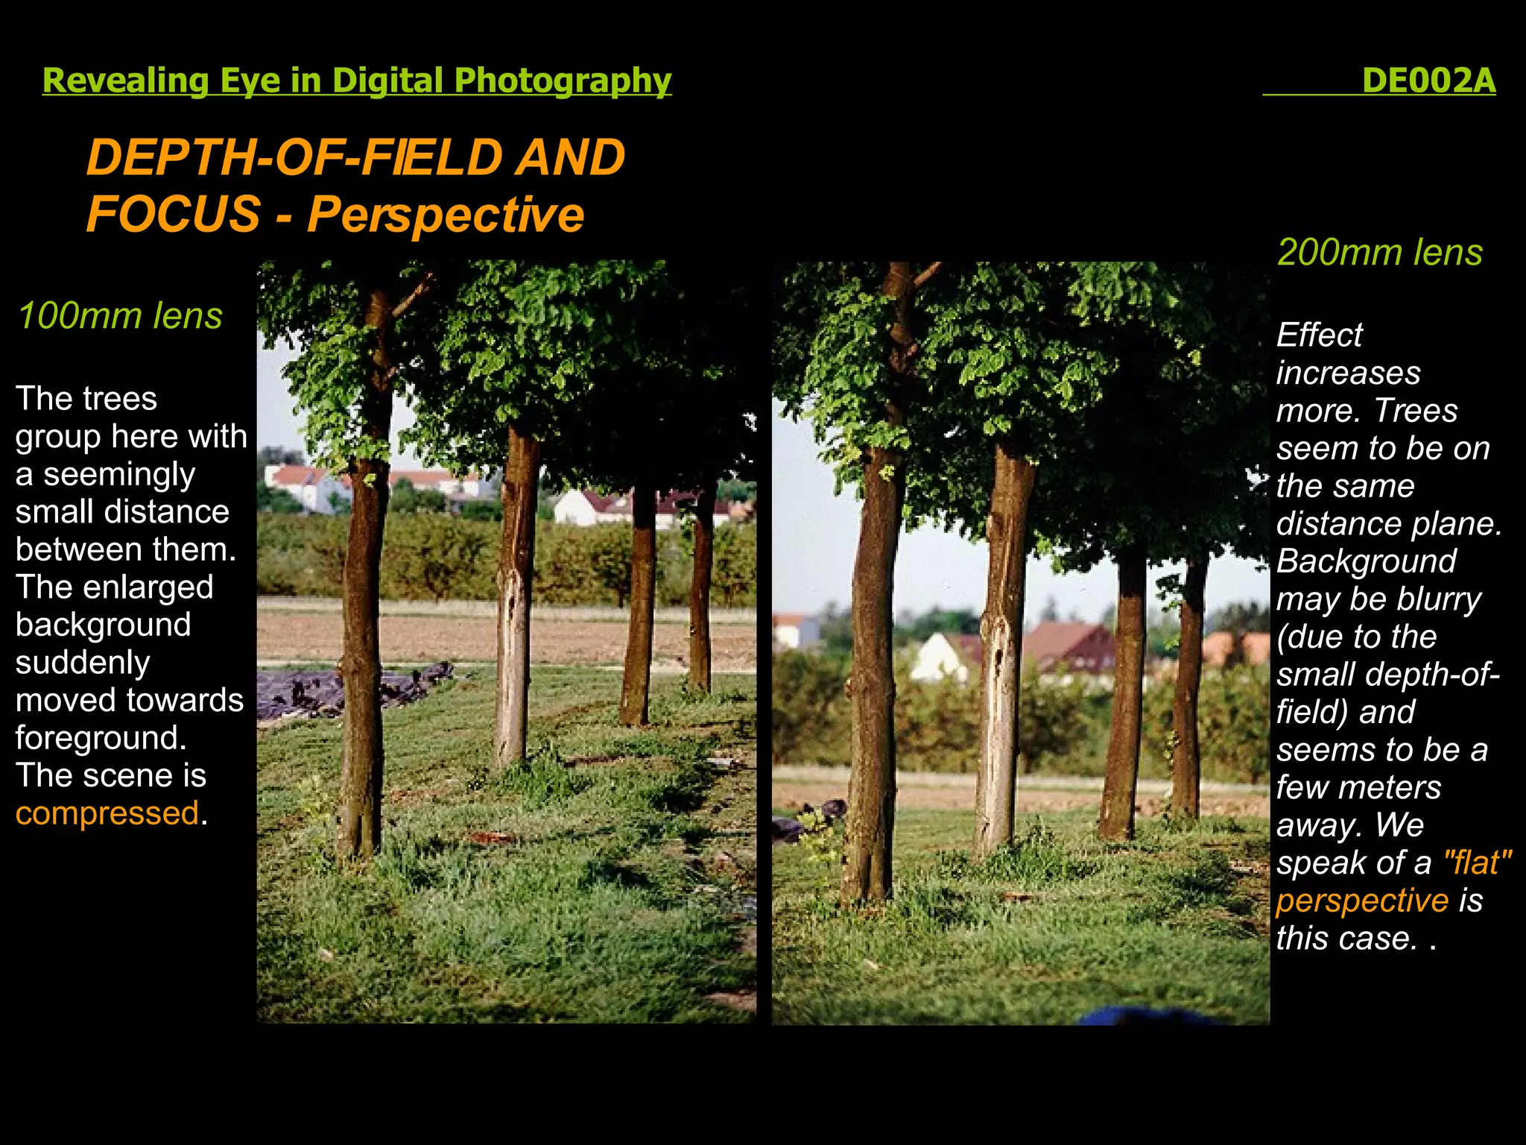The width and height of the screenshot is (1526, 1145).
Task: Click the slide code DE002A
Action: (x=1428, y=81)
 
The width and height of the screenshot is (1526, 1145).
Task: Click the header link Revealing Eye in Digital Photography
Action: (x=357, y=81)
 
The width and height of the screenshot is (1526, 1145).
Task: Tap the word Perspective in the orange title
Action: (x=446, y=215)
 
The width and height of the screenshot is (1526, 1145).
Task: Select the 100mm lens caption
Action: (x=120, y=315)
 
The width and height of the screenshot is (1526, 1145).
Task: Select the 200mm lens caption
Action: (x=1379, y=252)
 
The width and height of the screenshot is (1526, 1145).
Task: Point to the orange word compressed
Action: (x=107, y=813)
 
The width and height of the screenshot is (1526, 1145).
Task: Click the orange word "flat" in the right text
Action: (x=1477, y=862)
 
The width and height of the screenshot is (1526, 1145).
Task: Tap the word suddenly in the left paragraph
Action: (x=83, y=662)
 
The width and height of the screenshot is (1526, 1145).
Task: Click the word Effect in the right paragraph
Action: (x=1320, y=335)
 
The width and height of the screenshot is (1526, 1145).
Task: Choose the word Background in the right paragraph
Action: (x=1366, y=561)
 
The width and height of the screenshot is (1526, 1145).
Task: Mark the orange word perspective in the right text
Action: (x=1362, y=900)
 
